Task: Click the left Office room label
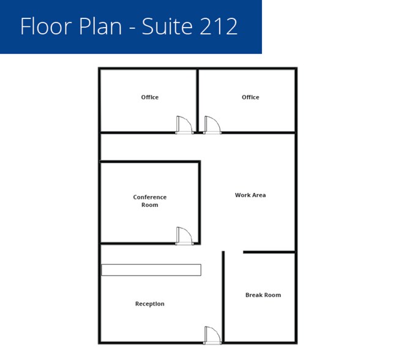pyautogui.click(x=150, y=97)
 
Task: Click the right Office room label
pyautogui.click(x=250, y=97)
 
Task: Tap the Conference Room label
pyautogui.click(x=150, y=201)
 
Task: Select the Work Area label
pyautogui.click(x=250, y=195)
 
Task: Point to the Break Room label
pyautogui.click(x=263, y=295)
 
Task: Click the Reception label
pyautogui.click(x=150, y=304)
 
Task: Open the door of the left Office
pyautogui.click(x=184, y=125)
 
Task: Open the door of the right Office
pyautogui.click(x=212, y=125)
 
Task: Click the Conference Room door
pyautogui.click(x=184, y=236)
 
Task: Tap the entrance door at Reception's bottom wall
pyautogui.click(x=212, y=336)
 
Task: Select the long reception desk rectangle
pyautogui.click(x=151, y=270)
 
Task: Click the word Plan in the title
pyautogui.click(x=100, y=26)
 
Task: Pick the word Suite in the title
pyautogui.click(x=167, y=26)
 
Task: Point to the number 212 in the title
pyautogui.click(x=218, y=26)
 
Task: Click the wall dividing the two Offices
pyautogui.click(x=198, y=100)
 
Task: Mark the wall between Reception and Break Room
pyautogui.click(x=223, y=296)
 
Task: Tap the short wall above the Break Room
pyautogui.click(x=269, y=252)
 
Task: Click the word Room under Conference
pyautogui.click(x=150, y=205)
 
